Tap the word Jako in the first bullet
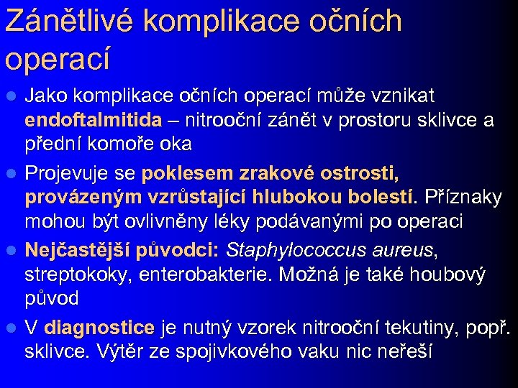click(45, 96)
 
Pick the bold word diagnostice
click(99, 328)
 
